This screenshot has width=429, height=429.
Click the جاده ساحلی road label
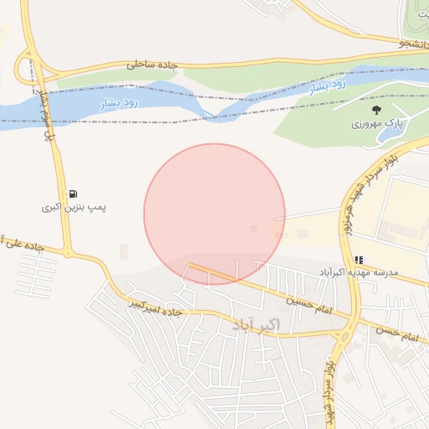pos(153,64)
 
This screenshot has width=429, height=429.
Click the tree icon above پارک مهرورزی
pos(376,109)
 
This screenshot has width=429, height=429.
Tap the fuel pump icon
pos(75,193)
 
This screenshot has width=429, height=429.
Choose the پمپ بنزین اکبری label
pos(75,206)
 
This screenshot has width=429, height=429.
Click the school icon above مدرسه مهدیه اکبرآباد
pos(359,260)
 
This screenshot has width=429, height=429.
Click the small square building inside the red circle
pos(254,228)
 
